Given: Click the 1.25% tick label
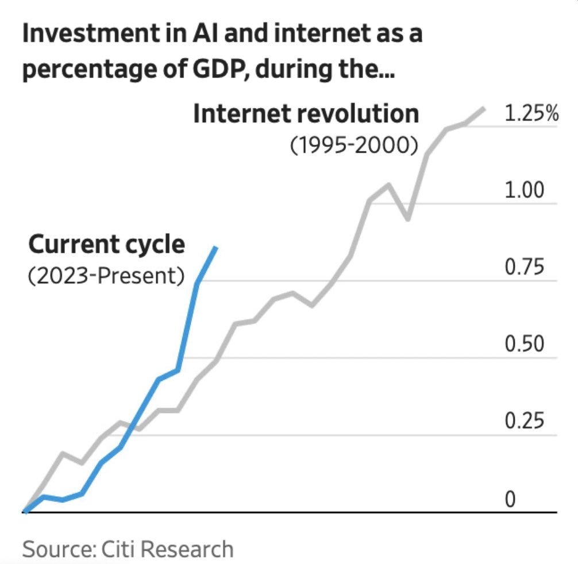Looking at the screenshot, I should [x=531, y=114].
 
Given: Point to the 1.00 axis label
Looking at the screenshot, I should [x=523, y=190].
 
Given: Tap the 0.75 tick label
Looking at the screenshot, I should [x=523, y=268].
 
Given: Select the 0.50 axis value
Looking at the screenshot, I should [x=523, y=345].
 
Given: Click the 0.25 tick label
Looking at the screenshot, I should [x=523, y=422].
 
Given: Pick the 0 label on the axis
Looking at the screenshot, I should [x=510, y=499].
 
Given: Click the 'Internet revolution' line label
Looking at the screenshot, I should [x=306, y=114].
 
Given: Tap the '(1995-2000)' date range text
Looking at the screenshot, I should [x=353, y=145].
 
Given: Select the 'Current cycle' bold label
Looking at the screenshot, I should [x=107, y=245].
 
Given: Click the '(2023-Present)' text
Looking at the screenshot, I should [x=106, y=276].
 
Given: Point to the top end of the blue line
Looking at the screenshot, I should [x=215, y=248].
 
